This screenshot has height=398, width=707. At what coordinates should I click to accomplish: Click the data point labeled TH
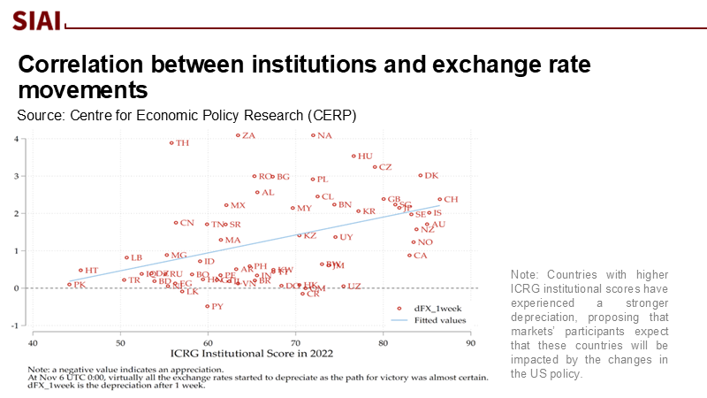(x=172, y=142)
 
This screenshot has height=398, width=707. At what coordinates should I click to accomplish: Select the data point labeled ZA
(x=239, y=135)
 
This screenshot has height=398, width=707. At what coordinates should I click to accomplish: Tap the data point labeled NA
(x=313, y=135)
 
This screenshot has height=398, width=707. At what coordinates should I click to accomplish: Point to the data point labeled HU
(x=353, y=157)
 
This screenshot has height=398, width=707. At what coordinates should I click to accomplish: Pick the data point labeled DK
(x=421, y=175)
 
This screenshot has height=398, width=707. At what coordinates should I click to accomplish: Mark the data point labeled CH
(x=439, y=199)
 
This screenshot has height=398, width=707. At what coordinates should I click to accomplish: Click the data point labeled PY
(x=208, y=306)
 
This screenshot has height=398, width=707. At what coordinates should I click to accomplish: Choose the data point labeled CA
(x=409, y=256)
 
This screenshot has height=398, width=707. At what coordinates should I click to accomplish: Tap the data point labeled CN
(x=176, y=223)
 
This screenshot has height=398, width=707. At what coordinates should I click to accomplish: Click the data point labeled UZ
(x=343, y=286)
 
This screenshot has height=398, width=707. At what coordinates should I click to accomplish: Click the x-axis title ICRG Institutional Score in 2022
(x=253, y=355)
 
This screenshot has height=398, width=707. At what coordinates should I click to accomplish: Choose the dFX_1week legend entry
(x=442, y=308)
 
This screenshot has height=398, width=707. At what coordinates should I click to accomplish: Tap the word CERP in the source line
(x=331, y=116)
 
